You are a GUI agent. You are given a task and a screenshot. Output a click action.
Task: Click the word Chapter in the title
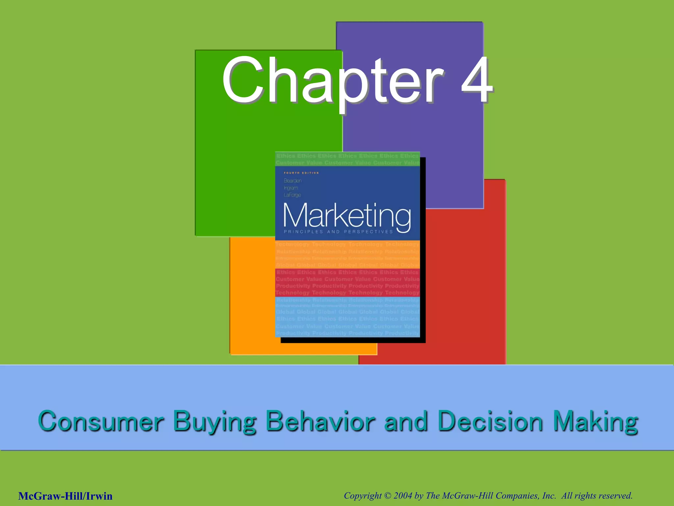pos(332,81)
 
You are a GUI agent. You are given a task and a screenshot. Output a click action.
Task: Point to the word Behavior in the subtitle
pos(320,421)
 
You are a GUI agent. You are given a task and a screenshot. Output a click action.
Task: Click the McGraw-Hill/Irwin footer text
pos(65,496)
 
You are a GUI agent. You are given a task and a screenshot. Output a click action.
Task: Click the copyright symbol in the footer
pos(388,496)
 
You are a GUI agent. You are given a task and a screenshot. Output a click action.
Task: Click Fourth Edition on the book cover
pos(301,173)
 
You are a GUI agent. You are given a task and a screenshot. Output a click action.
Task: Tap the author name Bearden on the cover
pos(293,181)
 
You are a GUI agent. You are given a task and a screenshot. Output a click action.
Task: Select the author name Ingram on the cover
pos(291,188)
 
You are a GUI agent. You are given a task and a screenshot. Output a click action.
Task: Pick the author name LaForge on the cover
pos(292,195)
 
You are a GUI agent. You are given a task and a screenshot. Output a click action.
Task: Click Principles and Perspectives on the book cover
pos(338,232)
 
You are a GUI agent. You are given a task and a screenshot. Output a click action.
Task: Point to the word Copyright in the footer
pos(363,496)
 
